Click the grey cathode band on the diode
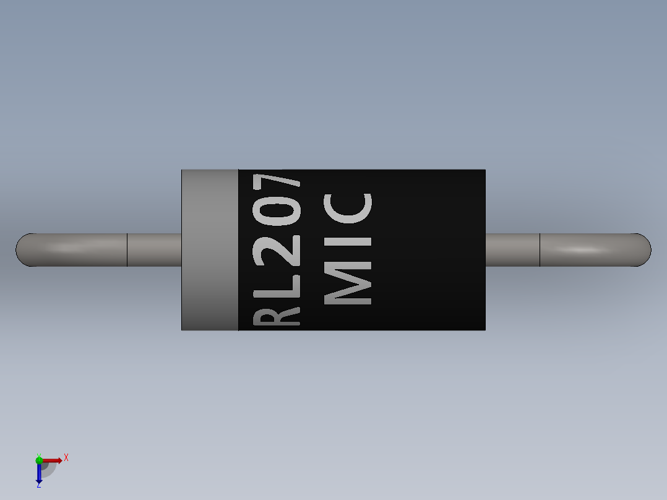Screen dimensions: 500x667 pos(210,249)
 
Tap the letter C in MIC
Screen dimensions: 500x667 pos(349,208)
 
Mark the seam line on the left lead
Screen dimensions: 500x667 pos(127,249)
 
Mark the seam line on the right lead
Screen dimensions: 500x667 pos(540,249)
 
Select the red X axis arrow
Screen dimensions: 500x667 pos(53,460)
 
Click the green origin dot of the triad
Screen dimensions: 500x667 pos(39,460)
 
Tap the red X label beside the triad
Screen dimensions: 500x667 pos(66,458)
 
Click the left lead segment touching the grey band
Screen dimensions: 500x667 pos(154,249)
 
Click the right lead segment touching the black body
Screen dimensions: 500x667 pos(512,249)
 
